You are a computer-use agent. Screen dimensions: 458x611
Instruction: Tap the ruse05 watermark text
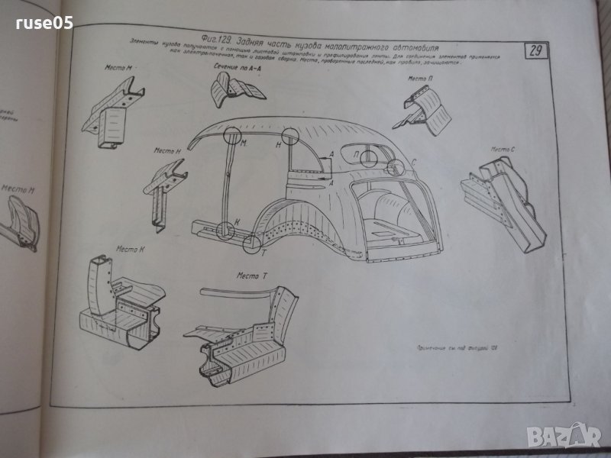click(44, 24)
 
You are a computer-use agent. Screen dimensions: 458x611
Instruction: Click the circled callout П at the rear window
click(367, 158)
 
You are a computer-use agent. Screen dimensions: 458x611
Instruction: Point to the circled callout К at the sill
click(224, 229)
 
